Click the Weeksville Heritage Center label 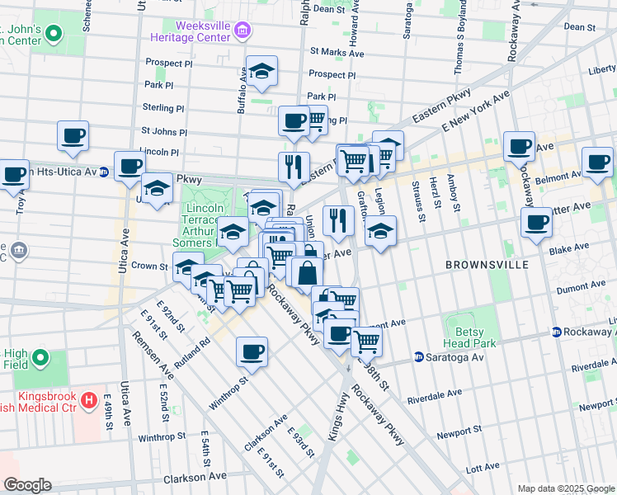191,32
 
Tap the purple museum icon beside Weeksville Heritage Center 243,32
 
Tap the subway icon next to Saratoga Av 418,357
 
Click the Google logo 26,485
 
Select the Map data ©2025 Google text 565,488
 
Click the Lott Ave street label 483,467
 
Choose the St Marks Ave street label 337,52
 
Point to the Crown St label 149,266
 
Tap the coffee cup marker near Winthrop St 252,351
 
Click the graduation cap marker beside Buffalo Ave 262,73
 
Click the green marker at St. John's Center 54,34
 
